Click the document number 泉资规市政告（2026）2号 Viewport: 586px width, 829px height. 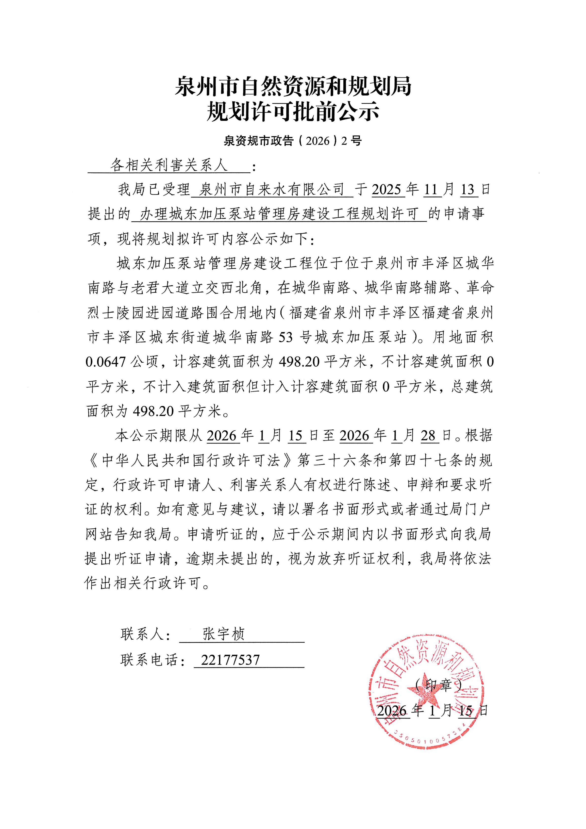click(293, 141)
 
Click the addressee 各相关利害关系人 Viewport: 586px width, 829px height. click(169, 165)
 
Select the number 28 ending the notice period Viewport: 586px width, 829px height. click(429, 436)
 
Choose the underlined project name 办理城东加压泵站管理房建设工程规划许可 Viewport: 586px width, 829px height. click(279, 214)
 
